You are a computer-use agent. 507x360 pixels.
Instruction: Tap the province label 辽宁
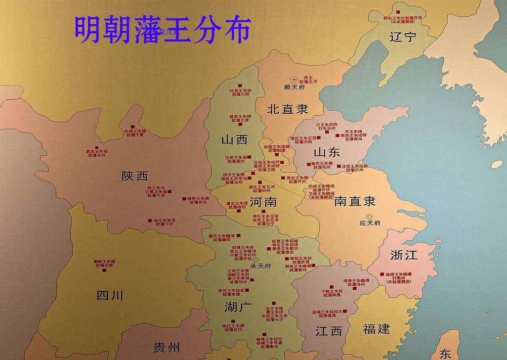(x=403, y=37)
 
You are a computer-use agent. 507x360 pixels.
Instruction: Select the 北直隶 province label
(x=288, y=110)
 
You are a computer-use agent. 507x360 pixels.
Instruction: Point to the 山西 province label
(x=234, y=140)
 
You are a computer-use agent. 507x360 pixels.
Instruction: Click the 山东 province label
(x=327, y=152)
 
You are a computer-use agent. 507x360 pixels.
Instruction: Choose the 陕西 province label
(x=134, y=176)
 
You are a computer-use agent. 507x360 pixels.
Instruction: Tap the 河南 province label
(x=263, y=202)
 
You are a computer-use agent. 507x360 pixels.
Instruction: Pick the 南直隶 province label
(x=355, y=201)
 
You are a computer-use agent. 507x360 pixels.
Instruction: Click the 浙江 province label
(x=404, y=255)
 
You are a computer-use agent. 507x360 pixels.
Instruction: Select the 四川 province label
(x=110, y=296)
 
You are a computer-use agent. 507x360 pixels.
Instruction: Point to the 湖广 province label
(x=238, y=307)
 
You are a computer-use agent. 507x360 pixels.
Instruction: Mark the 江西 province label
(x=329, y=331)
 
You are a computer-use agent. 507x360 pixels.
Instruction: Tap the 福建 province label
(x=376, y=329)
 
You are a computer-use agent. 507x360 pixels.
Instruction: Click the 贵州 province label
(x=166, y=348)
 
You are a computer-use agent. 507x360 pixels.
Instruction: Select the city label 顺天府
(x=295, y=87)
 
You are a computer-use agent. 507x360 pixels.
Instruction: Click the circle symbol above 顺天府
(x=295, y=79)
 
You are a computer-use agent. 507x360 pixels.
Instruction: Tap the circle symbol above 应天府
(x=370, y=216)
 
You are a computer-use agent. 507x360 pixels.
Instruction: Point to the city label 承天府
(x=260, y=266)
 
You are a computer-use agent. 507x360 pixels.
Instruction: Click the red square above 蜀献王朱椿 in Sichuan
(x=104, y=256)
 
